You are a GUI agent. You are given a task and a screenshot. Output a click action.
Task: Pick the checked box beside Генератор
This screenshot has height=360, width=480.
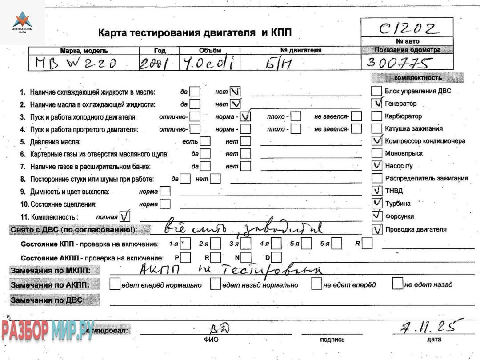tap(377, 104)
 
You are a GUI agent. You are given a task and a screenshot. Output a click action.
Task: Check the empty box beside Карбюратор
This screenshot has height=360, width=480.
tap(377, 116)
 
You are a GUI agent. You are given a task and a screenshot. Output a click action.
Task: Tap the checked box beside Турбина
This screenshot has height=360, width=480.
tap(377, 203)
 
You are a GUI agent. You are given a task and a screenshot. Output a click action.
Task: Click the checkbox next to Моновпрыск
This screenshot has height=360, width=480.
tap(377, 153)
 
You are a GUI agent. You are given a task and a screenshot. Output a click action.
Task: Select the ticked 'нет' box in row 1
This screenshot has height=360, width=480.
tap(235, 92)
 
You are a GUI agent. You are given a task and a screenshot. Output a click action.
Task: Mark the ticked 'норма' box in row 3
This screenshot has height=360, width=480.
tap(245, 117)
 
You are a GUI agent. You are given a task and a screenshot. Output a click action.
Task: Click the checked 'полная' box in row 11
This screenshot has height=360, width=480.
tap(126, 217)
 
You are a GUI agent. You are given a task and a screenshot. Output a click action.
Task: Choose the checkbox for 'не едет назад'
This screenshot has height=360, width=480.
tap(397, 284)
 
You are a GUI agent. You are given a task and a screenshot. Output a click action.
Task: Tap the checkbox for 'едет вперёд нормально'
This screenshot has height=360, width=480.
tap(115, 284)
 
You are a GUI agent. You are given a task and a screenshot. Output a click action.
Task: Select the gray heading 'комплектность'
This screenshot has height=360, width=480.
tap(417, 78)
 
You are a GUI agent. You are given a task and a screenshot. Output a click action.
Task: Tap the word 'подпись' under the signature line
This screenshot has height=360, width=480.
tap(332, 340)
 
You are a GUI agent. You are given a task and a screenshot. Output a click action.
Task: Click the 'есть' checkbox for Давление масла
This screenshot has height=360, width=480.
tap(205, 141)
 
